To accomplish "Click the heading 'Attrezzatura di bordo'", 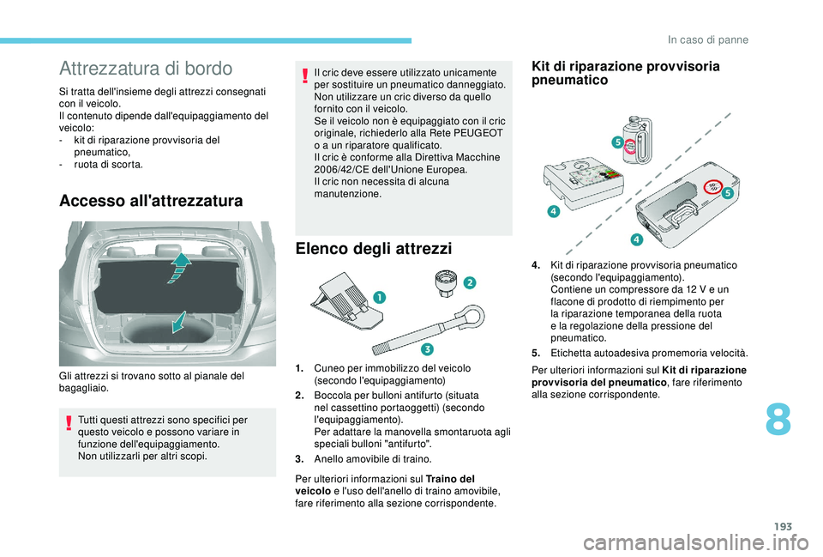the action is (146, 69).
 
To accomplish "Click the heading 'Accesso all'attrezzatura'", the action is (151, 201).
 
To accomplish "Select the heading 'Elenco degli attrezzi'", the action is (374, 248).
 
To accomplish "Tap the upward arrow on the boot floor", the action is (180, 268).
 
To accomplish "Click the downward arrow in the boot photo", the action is (179, 322).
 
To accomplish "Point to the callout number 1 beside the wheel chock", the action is (380, 298).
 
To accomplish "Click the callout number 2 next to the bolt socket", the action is (469, 282).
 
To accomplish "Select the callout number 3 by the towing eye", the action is (427, 348).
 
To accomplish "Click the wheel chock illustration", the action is (346, 300).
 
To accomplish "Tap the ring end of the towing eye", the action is (473, 318).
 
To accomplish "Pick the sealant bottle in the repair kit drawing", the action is (636, 140).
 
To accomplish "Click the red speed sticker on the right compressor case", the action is (712, 186).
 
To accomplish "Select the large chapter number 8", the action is (778, 420).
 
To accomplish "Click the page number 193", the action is (783, 526).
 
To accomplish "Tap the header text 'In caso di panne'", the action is (708, 40).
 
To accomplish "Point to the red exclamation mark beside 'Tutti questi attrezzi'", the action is (69, 423).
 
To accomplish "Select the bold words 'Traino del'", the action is (450, 479).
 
